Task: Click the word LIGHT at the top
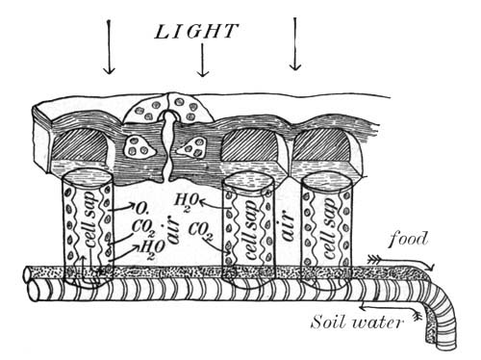(x=196, y=32)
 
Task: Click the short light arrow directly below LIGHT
(x=202, y=60)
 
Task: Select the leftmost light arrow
(x=110, y=47)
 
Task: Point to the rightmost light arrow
(x=295, y=44)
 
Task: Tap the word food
(x=408, y=240)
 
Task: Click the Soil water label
(x=356, y=321)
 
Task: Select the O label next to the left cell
(x=140, y=209)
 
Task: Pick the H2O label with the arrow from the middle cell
(x=187, y=202)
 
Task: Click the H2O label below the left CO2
(x=152, y=249)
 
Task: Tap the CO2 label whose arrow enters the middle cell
(x=201, y=231)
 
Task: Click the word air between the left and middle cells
(x=173, y=230)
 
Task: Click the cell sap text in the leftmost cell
(x=89, y=220)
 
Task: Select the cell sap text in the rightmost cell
(x=329, y=228)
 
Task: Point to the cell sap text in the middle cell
(x=251, y=229)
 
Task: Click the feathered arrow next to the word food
(x=401, y=261)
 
